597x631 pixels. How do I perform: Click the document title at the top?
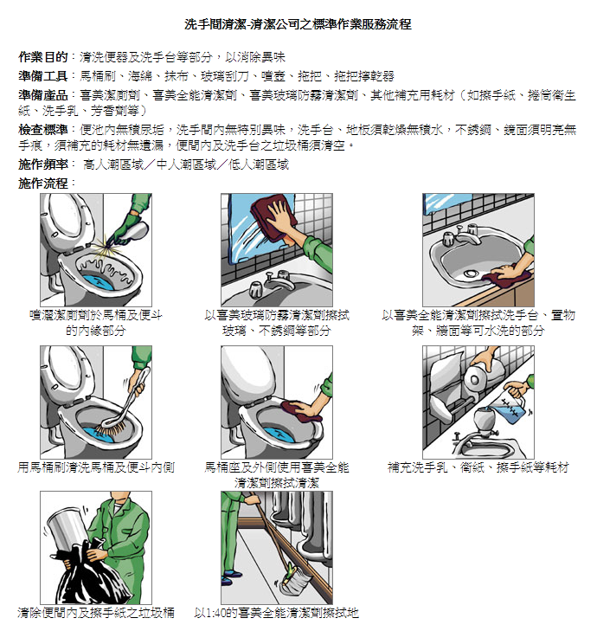[x=298, y=24]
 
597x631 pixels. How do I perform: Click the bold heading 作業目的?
[x=42, y=57]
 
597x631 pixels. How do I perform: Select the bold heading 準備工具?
[x=42, y=76]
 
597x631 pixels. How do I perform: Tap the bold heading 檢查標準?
[x=42, y=130]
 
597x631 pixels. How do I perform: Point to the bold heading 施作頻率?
[x=42, y=164]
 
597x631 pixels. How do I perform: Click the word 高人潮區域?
[x=113, y=164]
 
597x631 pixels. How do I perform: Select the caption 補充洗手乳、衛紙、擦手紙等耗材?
[x=478, y=467]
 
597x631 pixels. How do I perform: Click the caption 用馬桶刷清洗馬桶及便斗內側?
[x=96, y=467]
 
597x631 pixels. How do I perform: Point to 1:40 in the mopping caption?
[x=218, y=614]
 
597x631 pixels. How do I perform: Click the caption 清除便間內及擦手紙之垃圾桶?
[x=96, y=613]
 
